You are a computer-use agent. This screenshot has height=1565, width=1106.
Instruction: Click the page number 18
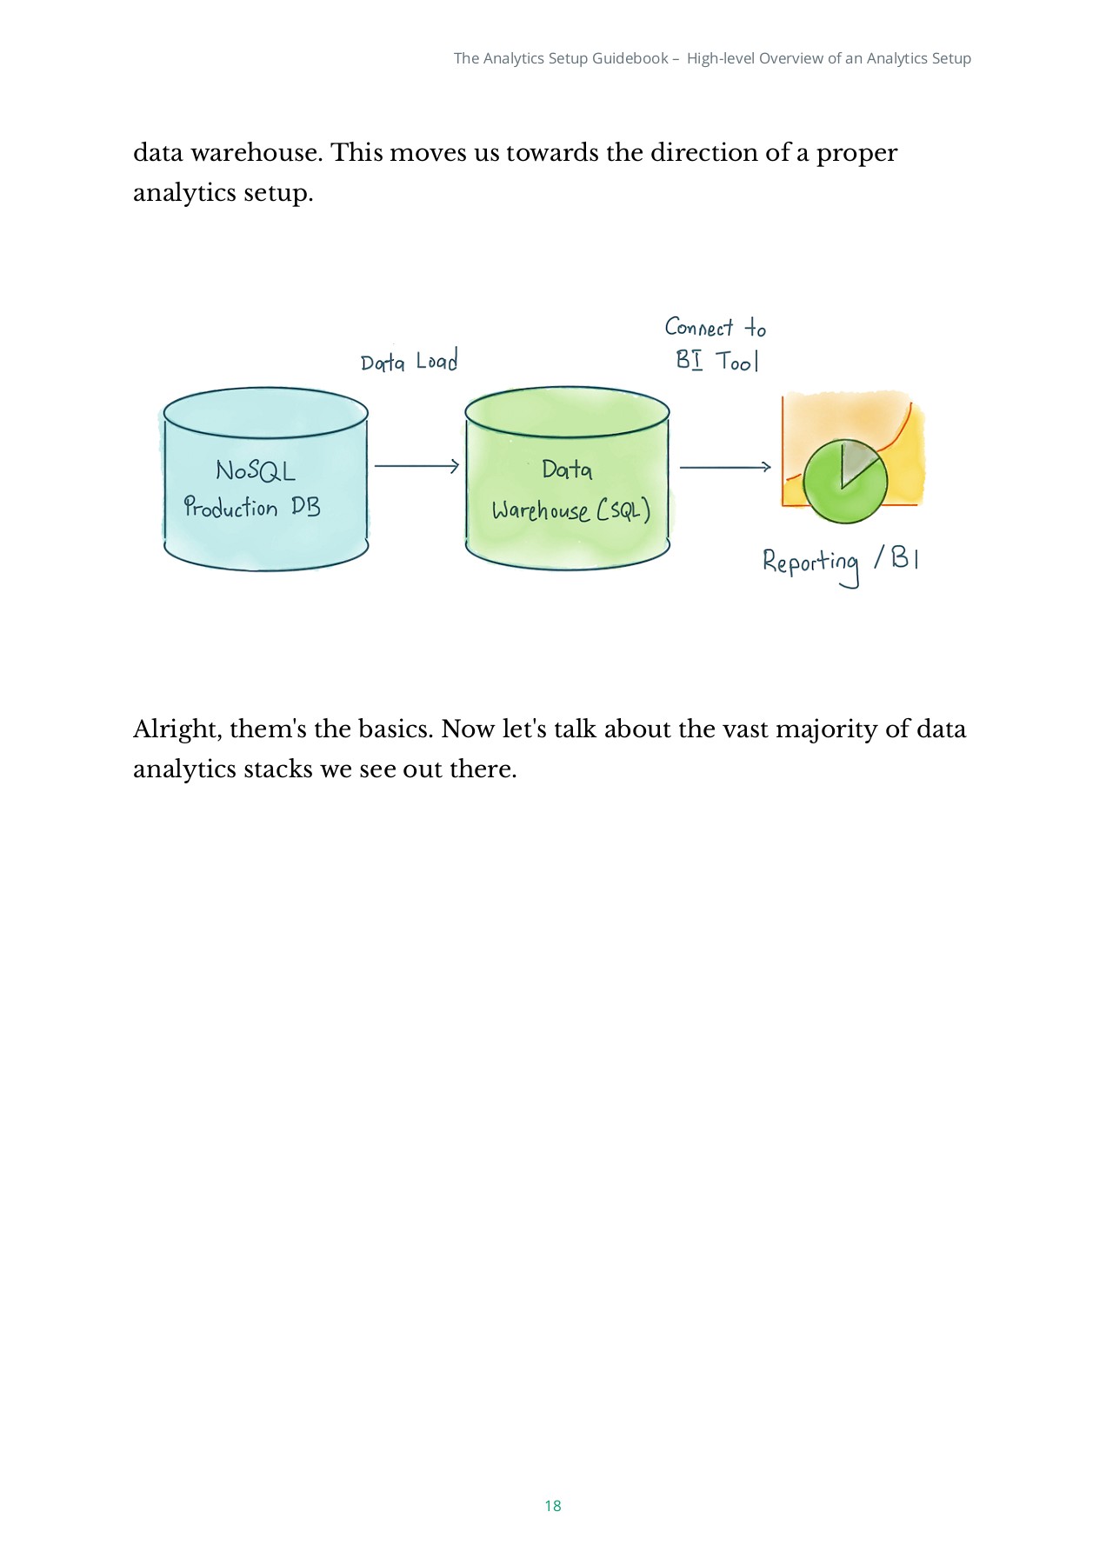pyautogui.click(x=553, y=1506)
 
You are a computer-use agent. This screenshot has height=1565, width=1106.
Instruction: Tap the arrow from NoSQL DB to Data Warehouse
pyautogui.click(x=416, y=467)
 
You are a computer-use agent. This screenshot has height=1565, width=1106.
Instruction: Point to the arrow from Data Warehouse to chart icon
pyautogui.click(x=725, y=468)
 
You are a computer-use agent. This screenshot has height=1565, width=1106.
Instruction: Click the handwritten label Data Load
pyautogui.click(x=409, y=362)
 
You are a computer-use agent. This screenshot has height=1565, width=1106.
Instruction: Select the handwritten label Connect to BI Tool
pyautogui.click(x=716, y=344)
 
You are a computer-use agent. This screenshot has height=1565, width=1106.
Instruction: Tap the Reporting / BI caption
pyautogui.click(x=840, y=562)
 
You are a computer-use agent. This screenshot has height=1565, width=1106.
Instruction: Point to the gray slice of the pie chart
pyautogui.click(x=856, y=459)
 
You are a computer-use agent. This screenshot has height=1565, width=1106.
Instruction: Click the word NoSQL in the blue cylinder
pyautogui.click(x=256, y=470)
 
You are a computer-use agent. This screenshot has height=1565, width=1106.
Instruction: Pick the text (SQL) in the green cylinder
pyautogui.click(x=623, y=509)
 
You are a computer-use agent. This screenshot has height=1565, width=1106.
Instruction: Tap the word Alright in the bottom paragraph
pyautogui.click(x=177, y=729)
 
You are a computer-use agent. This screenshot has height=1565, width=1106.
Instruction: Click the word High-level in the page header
pyautogui.click(x=721, y=58)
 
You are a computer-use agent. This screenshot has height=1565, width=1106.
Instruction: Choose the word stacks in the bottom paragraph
pyautogui.click(x=278, y=769)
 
